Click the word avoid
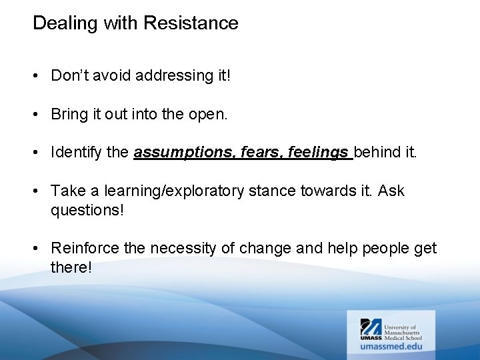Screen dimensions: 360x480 pyautogui.click(x=112, y=76)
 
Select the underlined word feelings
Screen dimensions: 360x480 pyautogui.click(x=318, y=153)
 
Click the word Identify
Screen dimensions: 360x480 pyautogui.click(x=75, y=153)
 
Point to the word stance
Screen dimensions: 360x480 pyautogui.click(x=271, y=191)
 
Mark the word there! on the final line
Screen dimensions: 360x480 pyautogui.click(x=71, y=267)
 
